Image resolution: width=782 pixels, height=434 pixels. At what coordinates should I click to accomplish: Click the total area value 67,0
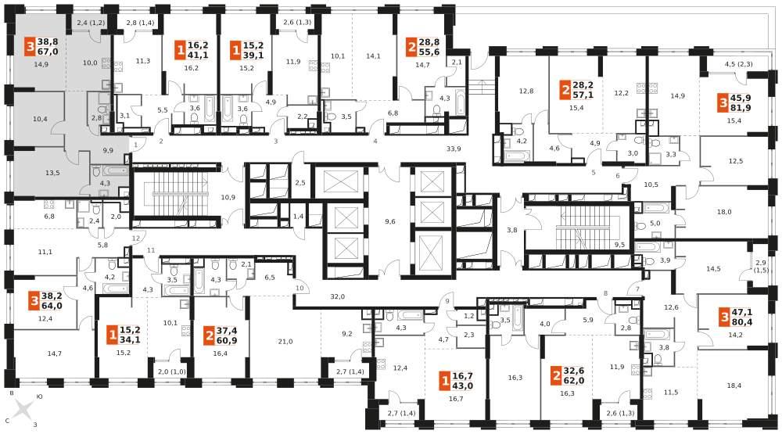click(48, 52)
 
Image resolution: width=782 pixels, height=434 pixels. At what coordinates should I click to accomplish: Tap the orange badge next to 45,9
click(723, 103)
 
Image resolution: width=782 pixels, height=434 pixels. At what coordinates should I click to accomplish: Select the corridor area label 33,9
click(454, 149)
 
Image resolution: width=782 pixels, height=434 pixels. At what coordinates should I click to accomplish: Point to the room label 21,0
click(285, 342)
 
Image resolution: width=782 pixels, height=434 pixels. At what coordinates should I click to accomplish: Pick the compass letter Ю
click(39, 396)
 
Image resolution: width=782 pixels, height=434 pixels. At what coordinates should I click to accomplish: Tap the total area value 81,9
click(741, 108)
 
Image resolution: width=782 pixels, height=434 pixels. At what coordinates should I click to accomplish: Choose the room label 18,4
click(734, 371)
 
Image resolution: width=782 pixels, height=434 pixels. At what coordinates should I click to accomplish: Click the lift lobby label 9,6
click(390, 221)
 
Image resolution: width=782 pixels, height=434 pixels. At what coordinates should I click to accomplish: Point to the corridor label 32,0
click(338, 296)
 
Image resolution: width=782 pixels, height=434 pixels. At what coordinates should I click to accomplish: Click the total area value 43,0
click(463, 386)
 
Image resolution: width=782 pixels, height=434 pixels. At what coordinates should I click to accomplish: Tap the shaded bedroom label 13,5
click(52, 173)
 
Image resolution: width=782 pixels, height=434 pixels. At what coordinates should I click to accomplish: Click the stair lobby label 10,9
click(228, 198)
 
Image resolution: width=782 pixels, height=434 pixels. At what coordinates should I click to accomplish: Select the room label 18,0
click(724, 212)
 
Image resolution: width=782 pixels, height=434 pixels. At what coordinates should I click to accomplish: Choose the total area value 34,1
click(130, 340)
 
